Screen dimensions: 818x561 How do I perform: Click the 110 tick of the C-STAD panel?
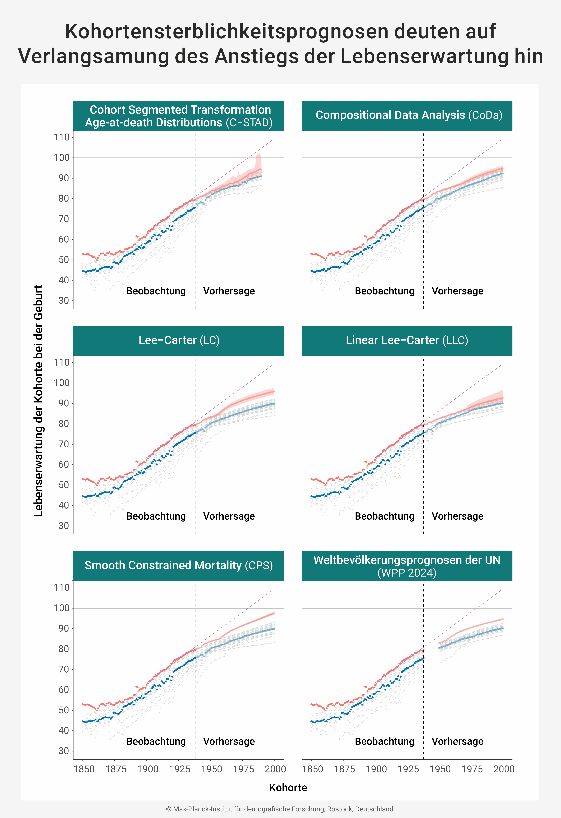62,137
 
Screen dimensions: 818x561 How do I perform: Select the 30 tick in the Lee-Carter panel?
64,526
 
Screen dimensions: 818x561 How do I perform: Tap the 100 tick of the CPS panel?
62,608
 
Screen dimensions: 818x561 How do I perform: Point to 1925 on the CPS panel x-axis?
180,769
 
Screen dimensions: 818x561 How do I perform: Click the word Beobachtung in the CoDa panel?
384,291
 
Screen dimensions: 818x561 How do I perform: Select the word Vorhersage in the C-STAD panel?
229,291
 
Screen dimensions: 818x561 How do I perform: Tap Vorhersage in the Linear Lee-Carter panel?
457,516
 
